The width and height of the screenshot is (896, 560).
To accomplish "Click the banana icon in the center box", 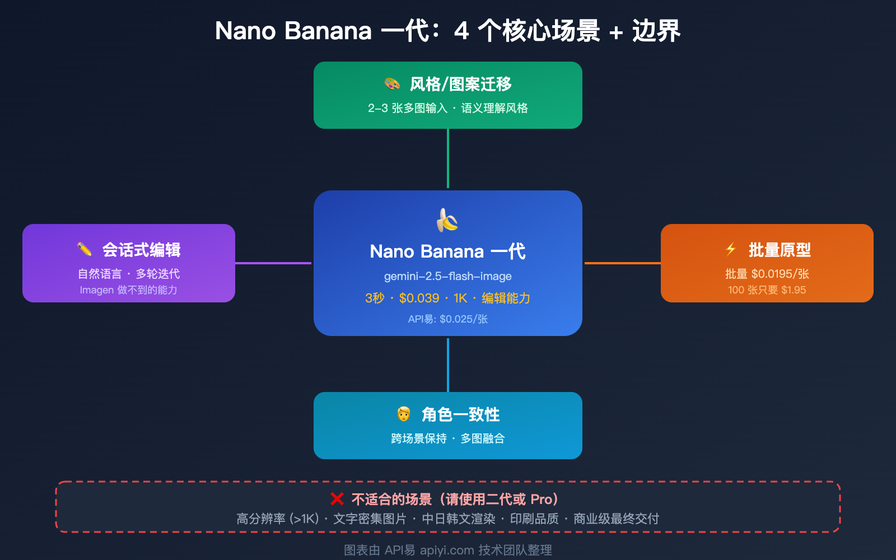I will point(447,220).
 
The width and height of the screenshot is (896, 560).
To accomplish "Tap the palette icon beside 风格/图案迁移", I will point(392,84).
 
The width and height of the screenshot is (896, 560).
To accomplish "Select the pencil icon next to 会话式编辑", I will point(85,249).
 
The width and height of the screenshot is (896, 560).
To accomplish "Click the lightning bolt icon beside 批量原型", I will point(731,249).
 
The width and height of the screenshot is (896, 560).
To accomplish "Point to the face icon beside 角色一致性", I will point(403,414).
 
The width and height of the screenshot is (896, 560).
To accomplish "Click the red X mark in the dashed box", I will point(337,499).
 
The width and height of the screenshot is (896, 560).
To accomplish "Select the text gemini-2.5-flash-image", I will point(447,276).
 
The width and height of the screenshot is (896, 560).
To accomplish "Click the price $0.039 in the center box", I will point(419,298).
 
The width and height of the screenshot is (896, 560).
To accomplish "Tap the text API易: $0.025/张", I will point(447,319).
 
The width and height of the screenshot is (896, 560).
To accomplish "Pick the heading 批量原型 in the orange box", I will point(780,250).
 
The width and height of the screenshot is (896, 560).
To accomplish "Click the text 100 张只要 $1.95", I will point(767,290).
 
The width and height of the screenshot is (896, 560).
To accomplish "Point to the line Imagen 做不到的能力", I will point(128,290).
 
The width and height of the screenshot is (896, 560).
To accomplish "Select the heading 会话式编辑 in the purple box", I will point(141,250).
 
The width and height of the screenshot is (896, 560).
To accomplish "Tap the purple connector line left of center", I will point(273,263).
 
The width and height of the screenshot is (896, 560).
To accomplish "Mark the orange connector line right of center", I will point(622,263).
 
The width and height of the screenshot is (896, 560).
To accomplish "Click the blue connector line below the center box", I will point(448,365).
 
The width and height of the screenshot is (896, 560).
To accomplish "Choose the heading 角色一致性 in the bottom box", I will point(460,414).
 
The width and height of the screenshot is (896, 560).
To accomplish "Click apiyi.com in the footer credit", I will point(447,550).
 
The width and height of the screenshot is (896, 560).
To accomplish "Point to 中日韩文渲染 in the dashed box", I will point(459,519).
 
